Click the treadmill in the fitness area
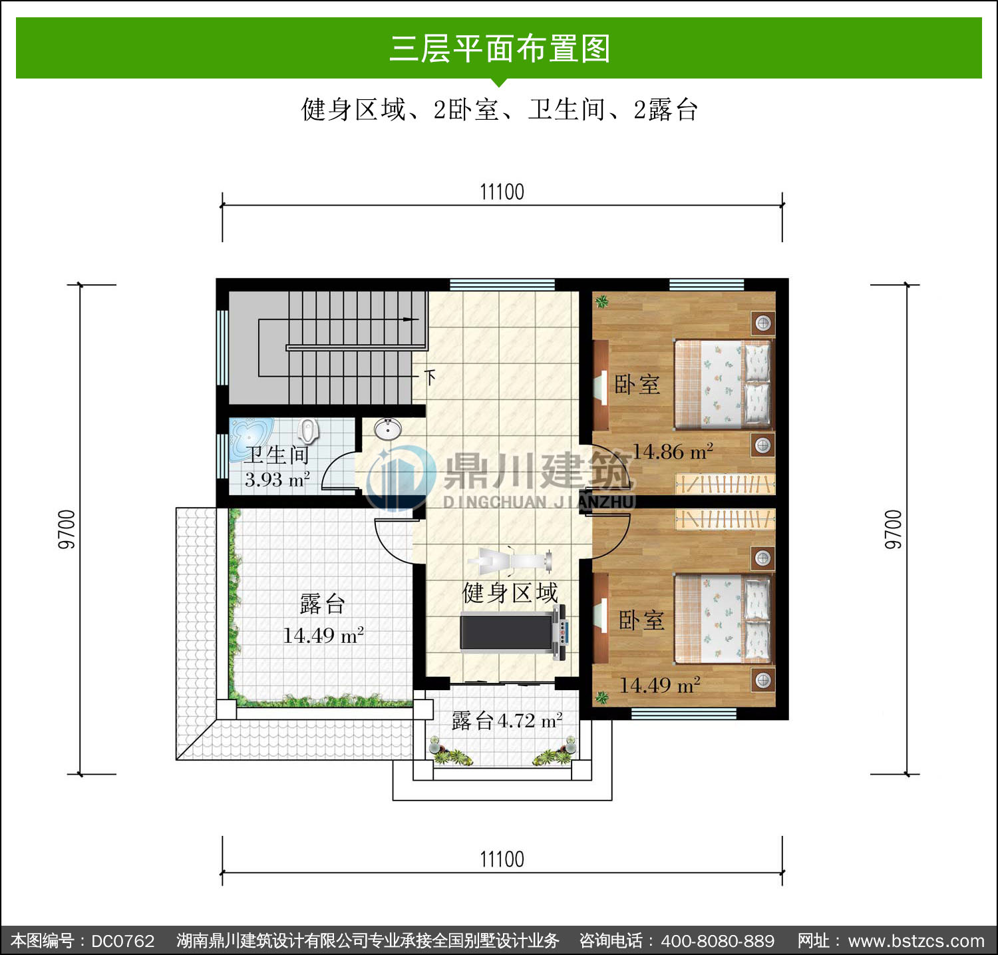[514, 632]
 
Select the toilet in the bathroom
[307, 431]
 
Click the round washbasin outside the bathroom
[387, 429]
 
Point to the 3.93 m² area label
[277, 479]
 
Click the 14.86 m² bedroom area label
[673, 452]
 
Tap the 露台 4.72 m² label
[507, 720]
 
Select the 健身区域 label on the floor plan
[510, 592]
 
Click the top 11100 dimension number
[502, 192]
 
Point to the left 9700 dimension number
[67, 530]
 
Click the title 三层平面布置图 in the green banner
[500, 49]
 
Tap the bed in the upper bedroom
[723, 384]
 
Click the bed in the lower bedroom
[723, 619]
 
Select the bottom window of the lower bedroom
[683, 714]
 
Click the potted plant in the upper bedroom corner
[602, 302]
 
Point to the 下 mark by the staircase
[430, 377]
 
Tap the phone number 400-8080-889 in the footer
[718, 941]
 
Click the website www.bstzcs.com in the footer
[917, 941]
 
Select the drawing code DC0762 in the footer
[123, 941]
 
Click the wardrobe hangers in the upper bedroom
[725, 484]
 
